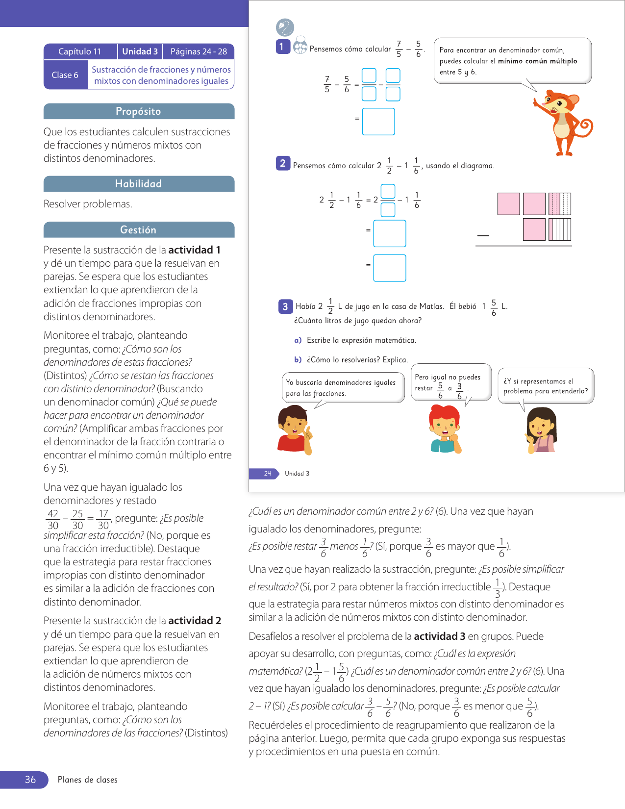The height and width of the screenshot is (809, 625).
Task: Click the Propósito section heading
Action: (x=139, y=111)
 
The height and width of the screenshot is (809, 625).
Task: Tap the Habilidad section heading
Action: (x=139, y=184)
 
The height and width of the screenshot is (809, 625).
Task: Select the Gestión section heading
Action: (x=139, y=230)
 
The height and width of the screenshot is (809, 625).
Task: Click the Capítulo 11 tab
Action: (x=80, y=51)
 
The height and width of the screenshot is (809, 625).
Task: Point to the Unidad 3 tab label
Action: (x=140, y=51)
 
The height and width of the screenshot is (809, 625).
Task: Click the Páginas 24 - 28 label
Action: (x=199, y=51)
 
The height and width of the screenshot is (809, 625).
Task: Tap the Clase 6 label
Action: (x=65, y=75)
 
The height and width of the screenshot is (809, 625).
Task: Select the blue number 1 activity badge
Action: (x=282, y=47)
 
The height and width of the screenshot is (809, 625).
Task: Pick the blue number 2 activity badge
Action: (x=283, y=164)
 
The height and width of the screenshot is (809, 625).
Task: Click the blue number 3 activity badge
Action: (x=285, y=307)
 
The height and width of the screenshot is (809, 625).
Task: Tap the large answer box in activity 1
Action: (x=378, y=122)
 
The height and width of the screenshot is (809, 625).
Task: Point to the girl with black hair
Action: (x=541, y=430)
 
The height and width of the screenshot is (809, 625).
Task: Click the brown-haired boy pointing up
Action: (x=294, y=430)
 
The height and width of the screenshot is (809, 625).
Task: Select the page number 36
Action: (x=30, y=780)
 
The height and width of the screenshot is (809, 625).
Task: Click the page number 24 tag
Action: (x=267, y=474)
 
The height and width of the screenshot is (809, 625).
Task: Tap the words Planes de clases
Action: (x=88, y=780)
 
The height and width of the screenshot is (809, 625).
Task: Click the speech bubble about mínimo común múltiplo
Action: (x=512, y=61)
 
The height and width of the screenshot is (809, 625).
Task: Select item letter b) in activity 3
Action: (x=298, y=360)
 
